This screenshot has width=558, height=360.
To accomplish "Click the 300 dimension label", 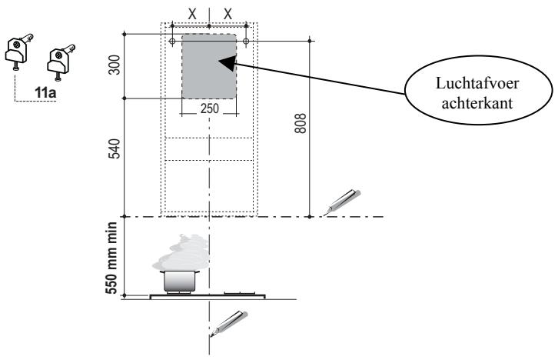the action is coord(115,65).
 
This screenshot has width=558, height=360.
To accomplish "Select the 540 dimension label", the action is coord(115,148).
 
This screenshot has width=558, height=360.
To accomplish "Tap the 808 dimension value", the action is coord(301,123).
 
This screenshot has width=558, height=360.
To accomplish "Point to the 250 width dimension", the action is coord(210,108).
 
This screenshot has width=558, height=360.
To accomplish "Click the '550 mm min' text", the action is coord(111,258).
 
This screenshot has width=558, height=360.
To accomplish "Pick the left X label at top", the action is coord(192,15).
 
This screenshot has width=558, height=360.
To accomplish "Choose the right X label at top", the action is coord(228,15).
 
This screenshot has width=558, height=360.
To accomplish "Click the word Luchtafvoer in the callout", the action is coord(477,83).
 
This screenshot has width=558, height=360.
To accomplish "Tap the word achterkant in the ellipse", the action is coord(477,103).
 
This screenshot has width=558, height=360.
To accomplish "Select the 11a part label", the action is coord(45,93).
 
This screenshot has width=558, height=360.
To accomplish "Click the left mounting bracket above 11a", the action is coord(19,52).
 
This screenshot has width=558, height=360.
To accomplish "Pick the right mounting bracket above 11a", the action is coord(61,62).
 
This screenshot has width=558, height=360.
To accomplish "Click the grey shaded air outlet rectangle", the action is coord(209,66).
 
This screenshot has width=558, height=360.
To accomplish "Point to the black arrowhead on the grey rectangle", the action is coord(228,63).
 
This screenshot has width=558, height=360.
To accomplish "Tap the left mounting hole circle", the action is coord(172,42).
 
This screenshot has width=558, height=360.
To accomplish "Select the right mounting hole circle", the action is coord(246,42).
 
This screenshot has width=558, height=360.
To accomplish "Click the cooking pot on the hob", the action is coord(180,282).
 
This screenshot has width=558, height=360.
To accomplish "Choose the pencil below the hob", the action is coord(229,323).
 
